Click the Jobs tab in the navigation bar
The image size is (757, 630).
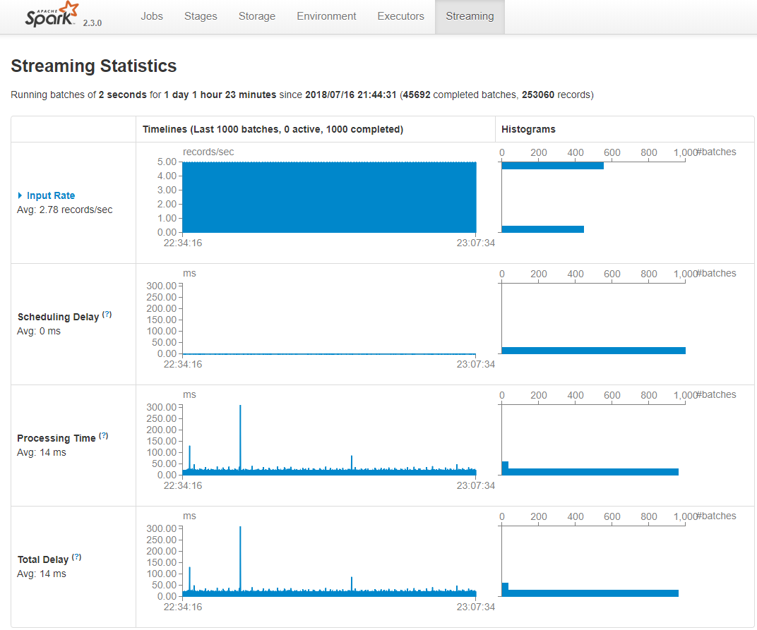152,16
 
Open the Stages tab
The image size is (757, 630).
201,16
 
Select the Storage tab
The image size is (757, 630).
257,16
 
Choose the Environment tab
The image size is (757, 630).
326,16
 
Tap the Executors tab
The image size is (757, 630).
400,16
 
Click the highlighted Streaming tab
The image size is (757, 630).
470,16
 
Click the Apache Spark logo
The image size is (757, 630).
52,15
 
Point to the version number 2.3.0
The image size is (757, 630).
93,23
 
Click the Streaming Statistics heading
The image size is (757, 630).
94,66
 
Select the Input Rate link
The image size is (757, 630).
51,195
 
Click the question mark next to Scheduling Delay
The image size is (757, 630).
107,315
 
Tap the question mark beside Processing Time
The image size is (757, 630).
104,436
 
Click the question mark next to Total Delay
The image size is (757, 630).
76,557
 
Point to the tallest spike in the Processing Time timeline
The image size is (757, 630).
240,406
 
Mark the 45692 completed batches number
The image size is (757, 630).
417,95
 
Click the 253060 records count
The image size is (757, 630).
538,95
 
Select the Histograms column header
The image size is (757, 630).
528,129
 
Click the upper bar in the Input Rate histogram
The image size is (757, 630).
552,166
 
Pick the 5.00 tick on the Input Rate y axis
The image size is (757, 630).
167,162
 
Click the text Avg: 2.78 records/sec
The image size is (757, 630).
65,210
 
